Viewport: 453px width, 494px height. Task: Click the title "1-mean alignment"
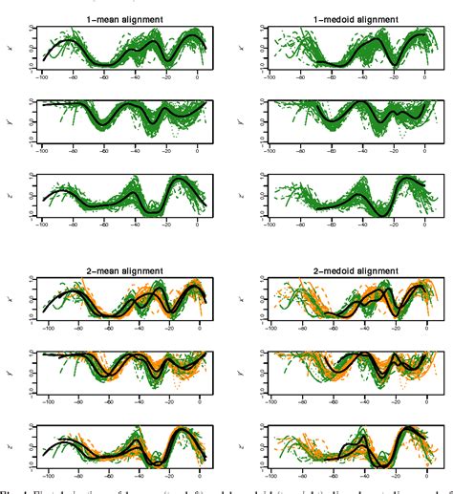click(x=124, y=18)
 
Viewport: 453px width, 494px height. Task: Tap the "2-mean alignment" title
click(x=124, y=272)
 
